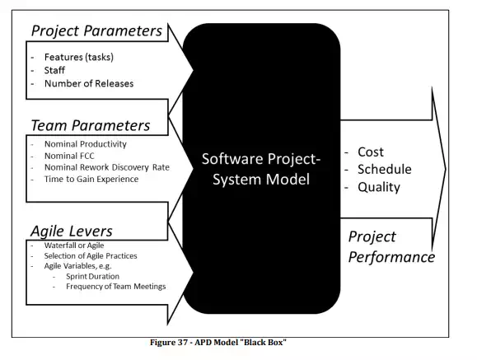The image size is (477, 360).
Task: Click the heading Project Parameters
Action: pos(96,31)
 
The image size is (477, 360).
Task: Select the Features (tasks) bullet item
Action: pos(79,57)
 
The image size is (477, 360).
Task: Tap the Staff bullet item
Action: pos(54,70)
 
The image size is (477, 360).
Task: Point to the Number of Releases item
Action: pos(89,83)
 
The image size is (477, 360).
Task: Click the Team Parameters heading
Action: pos(91,125)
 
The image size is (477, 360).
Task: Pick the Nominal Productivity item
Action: pos(86,144)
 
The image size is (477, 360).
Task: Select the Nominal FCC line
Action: pos(69,156)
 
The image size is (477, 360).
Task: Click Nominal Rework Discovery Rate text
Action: pos(107,167)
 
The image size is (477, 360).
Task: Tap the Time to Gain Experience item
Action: pos(91,179)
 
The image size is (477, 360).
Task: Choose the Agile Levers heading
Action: pos(72,231)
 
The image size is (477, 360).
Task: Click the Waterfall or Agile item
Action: pos(74,245)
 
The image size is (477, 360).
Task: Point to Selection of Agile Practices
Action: pos(91,255)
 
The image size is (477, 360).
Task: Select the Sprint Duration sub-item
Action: pos(92,276)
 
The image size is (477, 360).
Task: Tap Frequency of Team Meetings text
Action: pos(116,287)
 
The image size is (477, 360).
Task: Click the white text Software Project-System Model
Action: pos(261,169)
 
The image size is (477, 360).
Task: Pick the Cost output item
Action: pos(371,152)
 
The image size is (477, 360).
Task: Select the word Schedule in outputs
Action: pos(385,169)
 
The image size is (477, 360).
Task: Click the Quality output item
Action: pos(379,187)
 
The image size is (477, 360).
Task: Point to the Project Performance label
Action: pos(391,247)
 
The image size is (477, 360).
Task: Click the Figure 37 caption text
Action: pos(218,343)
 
